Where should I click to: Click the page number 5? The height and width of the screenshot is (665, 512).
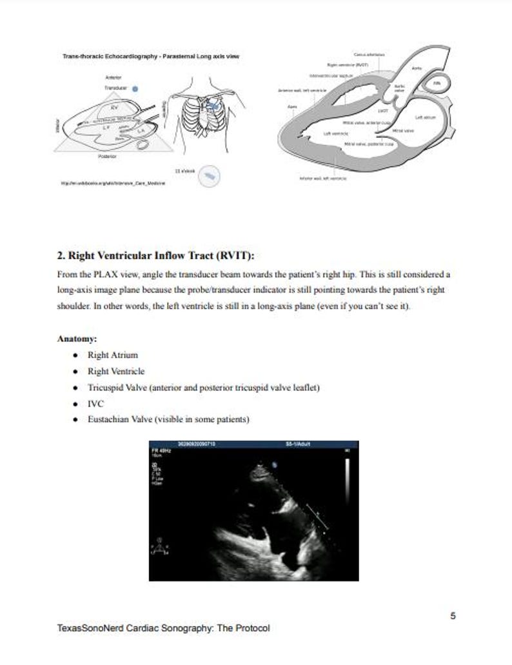point(453,615)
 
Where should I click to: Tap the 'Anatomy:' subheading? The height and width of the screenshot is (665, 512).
point(77,338)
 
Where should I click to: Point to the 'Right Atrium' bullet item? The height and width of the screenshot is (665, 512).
point(113,355)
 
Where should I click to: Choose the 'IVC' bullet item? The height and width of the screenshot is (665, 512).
point(95,404)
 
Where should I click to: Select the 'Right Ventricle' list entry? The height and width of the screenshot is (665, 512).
point(116,371)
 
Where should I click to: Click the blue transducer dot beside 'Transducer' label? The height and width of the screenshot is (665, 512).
point(134,89)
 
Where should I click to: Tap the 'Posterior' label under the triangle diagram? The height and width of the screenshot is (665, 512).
point(107,156)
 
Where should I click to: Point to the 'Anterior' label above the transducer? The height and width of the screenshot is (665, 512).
point(113,77)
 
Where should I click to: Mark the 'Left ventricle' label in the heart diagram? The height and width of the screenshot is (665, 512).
point(335,132)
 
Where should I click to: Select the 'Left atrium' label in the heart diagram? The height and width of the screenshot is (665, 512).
point(426,117)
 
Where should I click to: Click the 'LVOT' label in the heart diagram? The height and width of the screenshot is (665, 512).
point(382,110)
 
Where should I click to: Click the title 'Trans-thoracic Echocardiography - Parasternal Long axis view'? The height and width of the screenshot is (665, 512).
point(151,57)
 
